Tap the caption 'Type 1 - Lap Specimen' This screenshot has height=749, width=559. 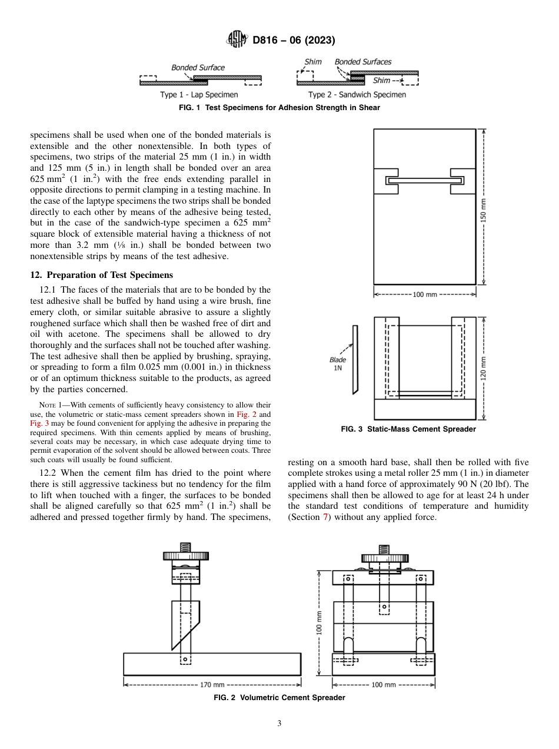click(x=199, y=95)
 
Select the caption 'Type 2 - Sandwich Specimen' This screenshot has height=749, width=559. click(x=357, y=95)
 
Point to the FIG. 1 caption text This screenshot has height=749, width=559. click(x=279, y=108)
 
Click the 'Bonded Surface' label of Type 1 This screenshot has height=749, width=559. click(x=198, y=68)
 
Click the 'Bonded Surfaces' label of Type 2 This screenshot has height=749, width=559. click(x=362, y=62)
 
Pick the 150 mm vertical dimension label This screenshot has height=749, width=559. click(x=484, y=206)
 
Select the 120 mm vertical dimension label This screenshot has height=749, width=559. click(x=484, y=368)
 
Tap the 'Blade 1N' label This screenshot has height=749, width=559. click(x=338, y=364)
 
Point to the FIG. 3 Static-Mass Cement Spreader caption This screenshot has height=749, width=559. click(x=408, y=429)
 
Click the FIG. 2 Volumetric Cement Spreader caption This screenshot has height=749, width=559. click(x=279, y=698)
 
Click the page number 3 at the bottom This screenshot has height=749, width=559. click(x=279, y=724)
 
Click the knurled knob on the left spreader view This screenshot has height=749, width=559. click(x=185, y=555)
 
